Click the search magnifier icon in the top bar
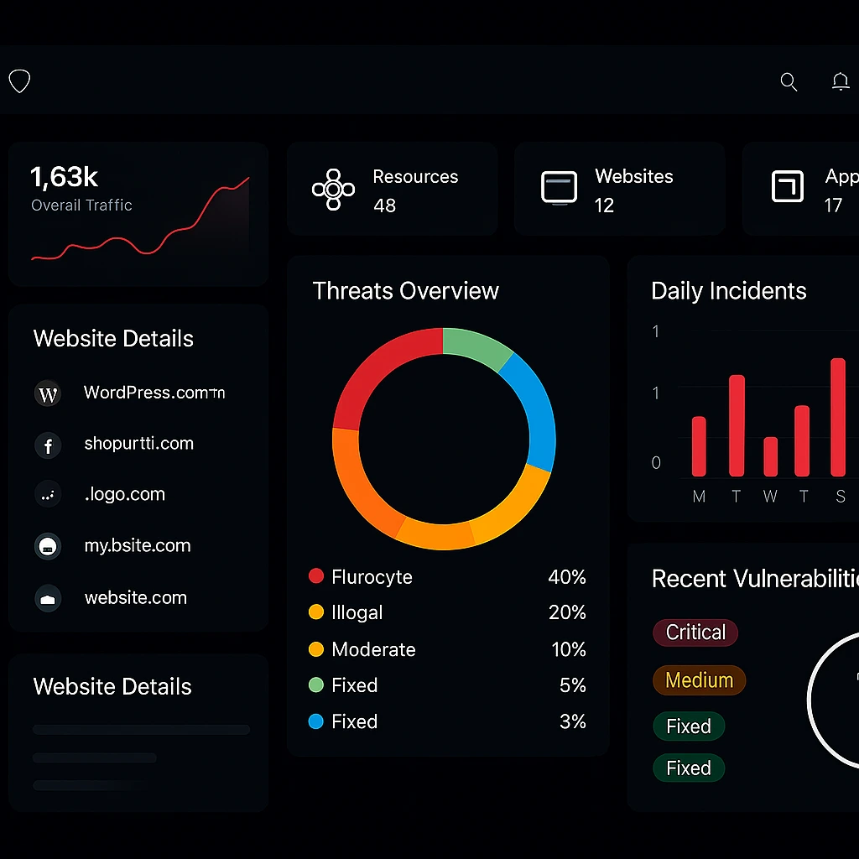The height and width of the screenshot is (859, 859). (789, 81)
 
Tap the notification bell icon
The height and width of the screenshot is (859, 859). (840, 81)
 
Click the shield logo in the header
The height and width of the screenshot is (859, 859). (19, 81)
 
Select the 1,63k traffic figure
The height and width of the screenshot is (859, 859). (65, 177)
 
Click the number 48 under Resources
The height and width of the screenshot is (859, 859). (384, 206)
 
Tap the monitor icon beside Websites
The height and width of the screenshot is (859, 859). (559, 187)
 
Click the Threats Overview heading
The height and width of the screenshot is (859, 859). (405, 291)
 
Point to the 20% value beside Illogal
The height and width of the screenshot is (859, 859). (567, 613)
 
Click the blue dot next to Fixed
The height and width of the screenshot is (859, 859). (316, 721)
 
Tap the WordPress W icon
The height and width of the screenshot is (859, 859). (48, 393)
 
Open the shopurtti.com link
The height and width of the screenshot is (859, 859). (138, 444)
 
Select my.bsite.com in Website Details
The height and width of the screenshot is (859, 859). (138, 546)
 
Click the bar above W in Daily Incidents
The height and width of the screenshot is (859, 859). (770, 457)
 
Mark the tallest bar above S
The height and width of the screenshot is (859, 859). (837, 417)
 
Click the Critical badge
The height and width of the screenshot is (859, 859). (695, 633)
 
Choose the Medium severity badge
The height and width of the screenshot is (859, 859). (699, 680)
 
